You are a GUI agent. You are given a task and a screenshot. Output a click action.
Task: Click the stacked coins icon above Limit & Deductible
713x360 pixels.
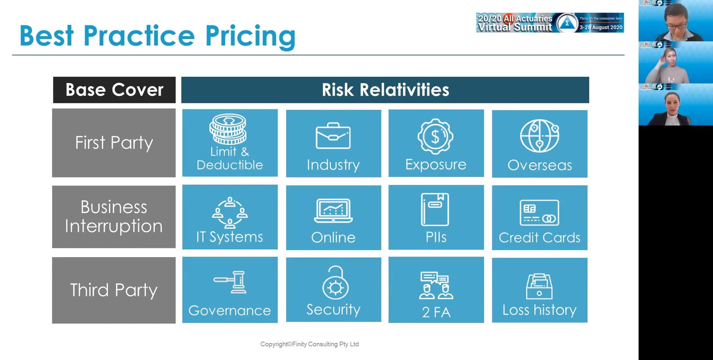click(228, 129)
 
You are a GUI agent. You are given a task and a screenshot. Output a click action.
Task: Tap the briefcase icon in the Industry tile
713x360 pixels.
click(333, 136)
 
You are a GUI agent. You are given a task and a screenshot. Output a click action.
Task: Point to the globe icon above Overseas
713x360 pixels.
click(540, 136)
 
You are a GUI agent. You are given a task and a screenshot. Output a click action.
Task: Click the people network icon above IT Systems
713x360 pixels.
click(230, 213)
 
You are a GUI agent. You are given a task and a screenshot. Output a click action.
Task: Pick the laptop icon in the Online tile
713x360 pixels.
click(333, 211)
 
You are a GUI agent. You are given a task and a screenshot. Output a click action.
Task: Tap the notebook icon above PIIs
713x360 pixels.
click(435, 209)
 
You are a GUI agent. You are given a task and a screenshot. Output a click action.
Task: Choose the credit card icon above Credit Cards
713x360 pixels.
click(539, 213)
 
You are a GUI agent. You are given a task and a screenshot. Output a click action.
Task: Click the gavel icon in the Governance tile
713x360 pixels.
click(230, 282)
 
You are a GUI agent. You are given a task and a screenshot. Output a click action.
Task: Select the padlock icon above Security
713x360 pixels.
click(335, 283)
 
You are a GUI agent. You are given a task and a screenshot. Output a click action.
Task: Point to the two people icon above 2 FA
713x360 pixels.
click(436, 285)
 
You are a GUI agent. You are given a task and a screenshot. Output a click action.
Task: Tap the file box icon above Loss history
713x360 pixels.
click(539, 286)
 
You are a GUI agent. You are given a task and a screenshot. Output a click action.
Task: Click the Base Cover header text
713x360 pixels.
click(114, 90)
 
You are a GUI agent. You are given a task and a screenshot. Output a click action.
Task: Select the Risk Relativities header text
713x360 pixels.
click(385, 90)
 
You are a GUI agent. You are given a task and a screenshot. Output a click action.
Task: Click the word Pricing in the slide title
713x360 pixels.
click(250, 37)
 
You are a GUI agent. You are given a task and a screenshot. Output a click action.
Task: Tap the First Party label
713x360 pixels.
click(114, 143)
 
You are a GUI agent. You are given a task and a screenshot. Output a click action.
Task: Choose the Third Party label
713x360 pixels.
click(114, 290)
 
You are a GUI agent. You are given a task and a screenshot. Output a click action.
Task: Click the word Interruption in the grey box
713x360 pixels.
click(114, 226)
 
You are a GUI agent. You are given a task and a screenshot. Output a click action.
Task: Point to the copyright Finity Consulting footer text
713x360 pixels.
click(309, 344)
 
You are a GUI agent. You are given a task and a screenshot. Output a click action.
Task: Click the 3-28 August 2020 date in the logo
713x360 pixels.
click(601, 27)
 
